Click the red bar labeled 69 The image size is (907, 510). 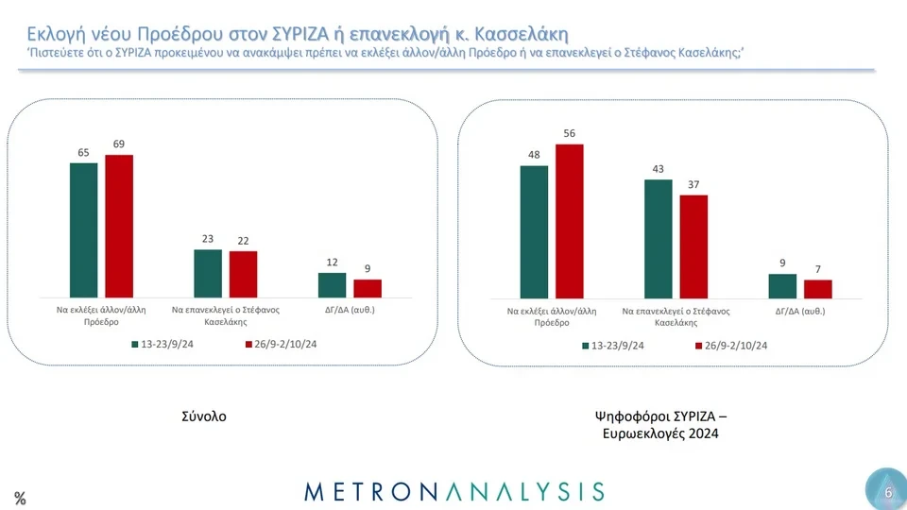coord(119,226)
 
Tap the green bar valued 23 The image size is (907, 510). coord(207,273)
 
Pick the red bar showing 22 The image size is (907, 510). coord(243,274)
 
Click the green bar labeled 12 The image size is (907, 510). coord(332,285)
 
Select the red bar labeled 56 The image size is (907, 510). coord(570,222)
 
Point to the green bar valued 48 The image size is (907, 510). coord(534,232)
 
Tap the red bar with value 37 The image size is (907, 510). coord(693,247)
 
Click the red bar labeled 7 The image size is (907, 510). coord(817,289)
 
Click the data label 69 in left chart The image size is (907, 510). coord(119,144)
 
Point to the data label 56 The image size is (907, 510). coord(570,133)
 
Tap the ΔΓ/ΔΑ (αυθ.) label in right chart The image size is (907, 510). coord(800,310)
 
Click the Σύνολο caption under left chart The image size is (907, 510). coord(204,416)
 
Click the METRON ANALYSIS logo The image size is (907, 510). coord(453,490)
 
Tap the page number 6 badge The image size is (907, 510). coord(887,491)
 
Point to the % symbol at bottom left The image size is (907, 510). coord(20,499)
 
